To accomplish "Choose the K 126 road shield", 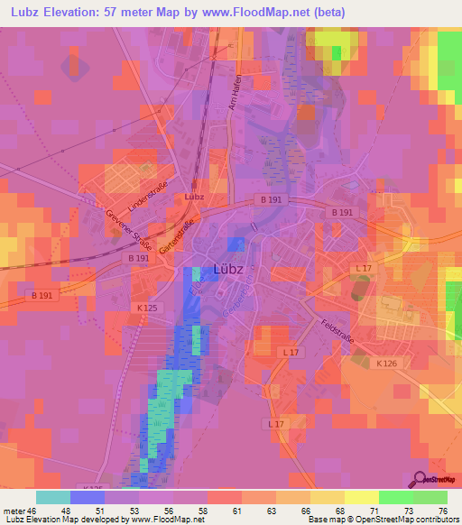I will pos(386,363).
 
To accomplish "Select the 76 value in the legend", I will pos(442,510).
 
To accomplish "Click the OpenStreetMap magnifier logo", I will pos(420,481).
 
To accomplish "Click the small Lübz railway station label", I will pos(193,197).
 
